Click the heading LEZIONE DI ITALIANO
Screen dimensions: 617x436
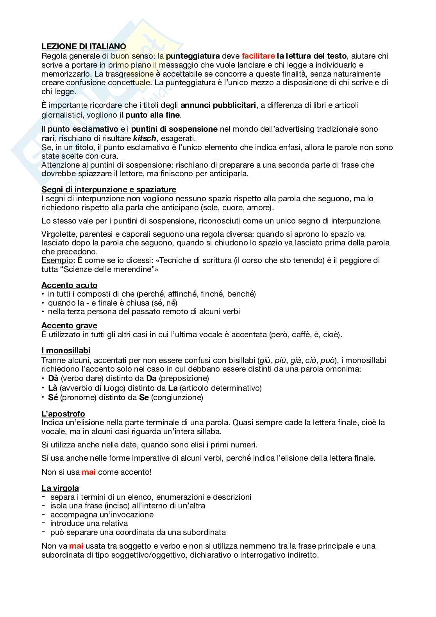84,46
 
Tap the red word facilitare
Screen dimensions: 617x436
258,56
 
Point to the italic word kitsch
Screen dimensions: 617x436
145,138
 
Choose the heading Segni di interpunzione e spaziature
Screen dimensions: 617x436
109,190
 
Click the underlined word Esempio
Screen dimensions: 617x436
57,260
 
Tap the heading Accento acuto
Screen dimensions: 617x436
69,285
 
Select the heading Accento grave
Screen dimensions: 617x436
69,325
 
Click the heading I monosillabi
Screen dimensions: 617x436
66,351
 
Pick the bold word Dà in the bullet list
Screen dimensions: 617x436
53,378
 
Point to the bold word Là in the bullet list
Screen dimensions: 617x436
53,388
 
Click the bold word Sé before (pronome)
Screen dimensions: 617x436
53,397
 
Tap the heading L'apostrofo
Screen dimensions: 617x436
63,414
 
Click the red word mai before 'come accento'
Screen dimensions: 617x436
88,472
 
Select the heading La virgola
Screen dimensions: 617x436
60,488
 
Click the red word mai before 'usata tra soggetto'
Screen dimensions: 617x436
76,546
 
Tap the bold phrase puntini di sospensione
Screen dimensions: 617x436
174,129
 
